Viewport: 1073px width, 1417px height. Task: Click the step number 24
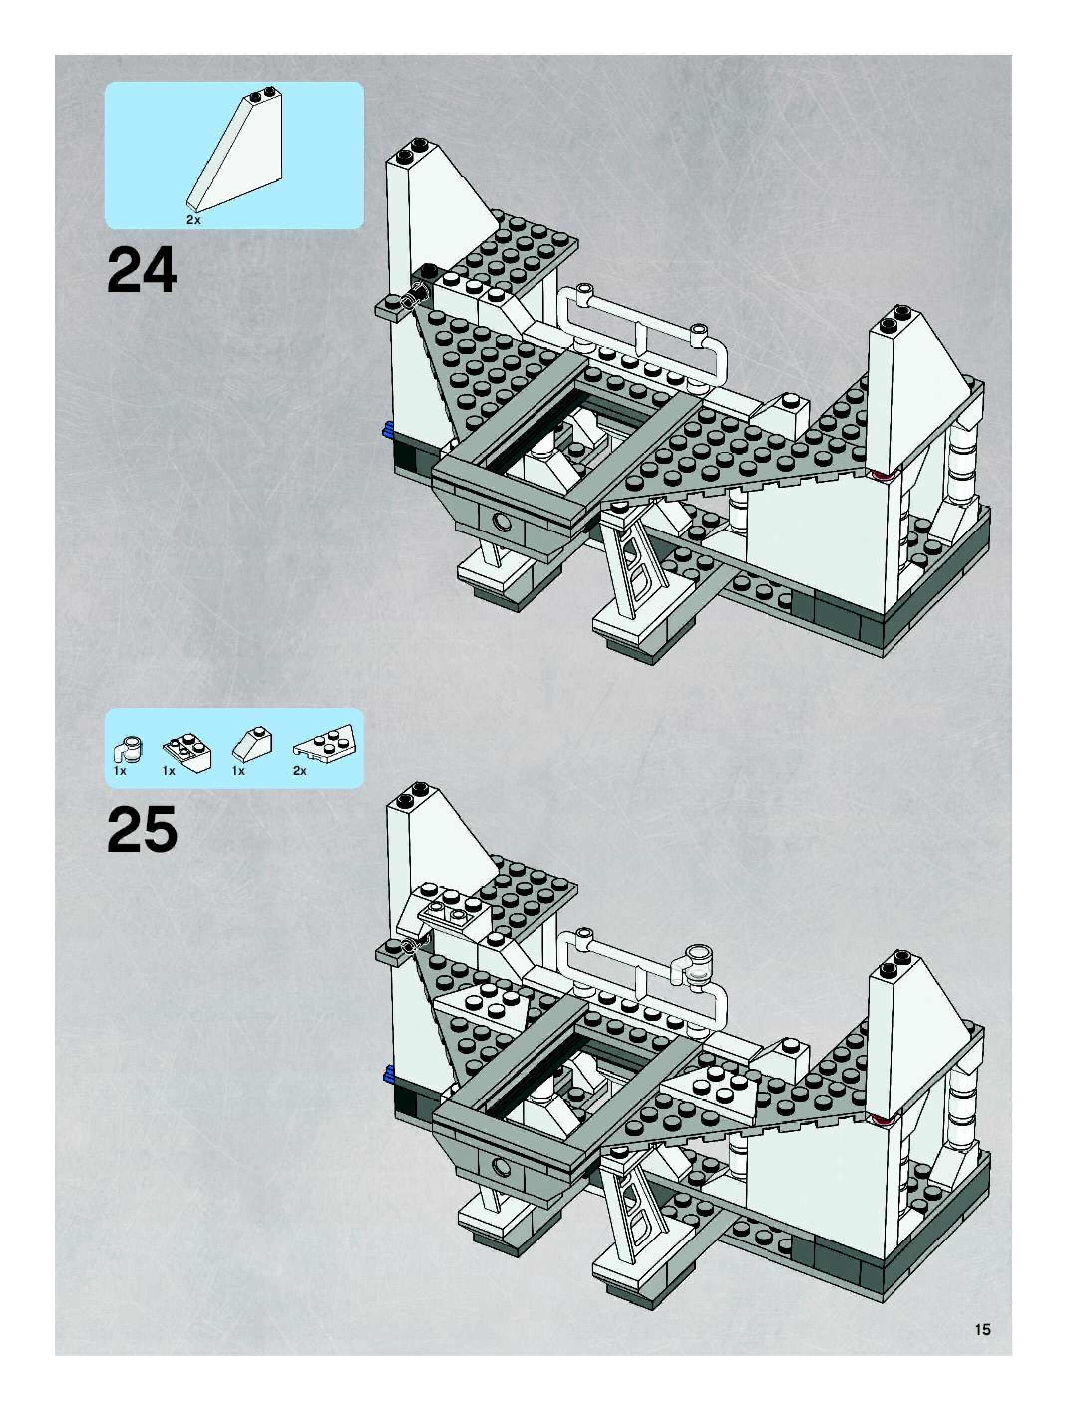[x=142, y=272]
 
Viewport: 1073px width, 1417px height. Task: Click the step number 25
[x=142, y=829]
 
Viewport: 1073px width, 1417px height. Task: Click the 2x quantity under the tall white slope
[x=193, y=220]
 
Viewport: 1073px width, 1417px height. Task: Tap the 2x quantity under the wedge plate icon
[x=300, y=771]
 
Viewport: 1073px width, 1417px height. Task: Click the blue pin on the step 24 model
[x=387, y=430]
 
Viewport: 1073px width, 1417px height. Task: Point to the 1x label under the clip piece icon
[x=120, y=771]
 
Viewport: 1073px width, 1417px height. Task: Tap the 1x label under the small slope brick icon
[x=239, y=771]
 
